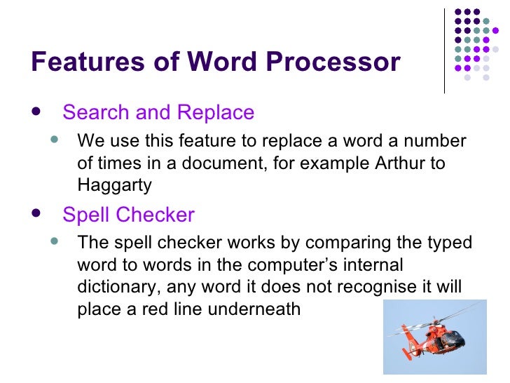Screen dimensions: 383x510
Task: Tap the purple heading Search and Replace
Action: [x=158, y=112]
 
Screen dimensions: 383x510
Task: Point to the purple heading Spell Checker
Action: [x=128, y=215]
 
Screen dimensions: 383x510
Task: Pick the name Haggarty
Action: [x=114, y=186]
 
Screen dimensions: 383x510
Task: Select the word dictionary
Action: [x=116, y=288]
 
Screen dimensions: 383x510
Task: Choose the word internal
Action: [x=375, y=266]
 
